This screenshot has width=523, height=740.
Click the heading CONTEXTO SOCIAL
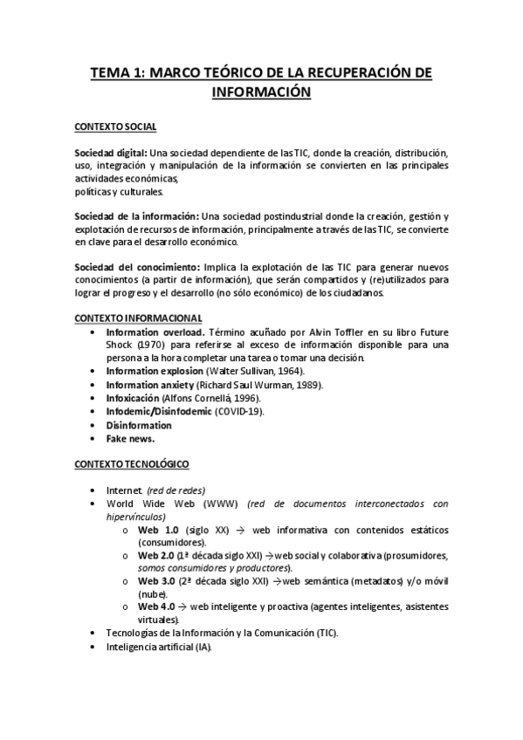(115, 127)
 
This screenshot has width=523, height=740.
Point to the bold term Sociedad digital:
(110, 152)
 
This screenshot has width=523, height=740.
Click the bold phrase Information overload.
(155, 332)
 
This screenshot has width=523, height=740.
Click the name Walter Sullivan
(237, 371)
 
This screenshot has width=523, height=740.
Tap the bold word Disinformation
(139, 425)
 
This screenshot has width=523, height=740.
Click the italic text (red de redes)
(176, 491)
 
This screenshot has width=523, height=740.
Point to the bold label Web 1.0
(159, 530)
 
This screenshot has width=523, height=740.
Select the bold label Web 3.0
(159, 579)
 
